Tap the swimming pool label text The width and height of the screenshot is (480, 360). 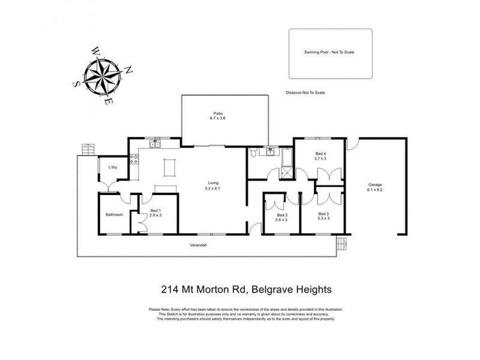point(329,52)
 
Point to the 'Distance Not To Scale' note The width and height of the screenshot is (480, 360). point(305,93)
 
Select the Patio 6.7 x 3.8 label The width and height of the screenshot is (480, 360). point(218,116)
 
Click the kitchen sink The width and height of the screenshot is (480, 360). point(155,144)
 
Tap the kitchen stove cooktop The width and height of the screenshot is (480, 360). point(135,159)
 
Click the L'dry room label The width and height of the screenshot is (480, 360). point(112,167)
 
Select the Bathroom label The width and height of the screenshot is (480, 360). point(114,214)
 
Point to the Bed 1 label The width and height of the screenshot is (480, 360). point(156,212)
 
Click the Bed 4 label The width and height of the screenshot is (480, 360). point(320,156)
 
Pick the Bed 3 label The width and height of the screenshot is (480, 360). point(323,216)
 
